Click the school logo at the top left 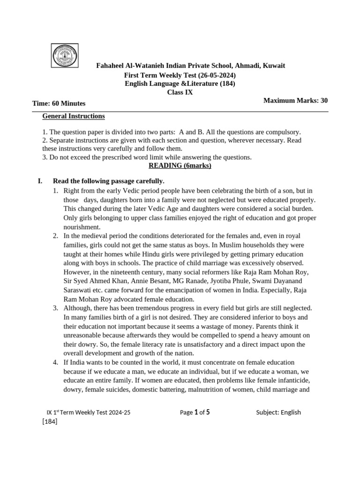click(65, 55)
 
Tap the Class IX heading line click(180, 92)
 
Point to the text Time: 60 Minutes click(59, 103)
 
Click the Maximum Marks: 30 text click(295, 100)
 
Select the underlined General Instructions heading click(74, 116)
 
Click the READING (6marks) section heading click(180, 165)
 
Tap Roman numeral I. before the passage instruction click(40, 181)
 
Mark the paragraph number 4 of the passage click(55, 362)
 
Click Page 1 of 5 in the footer click(195, 412)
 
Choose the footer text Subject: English click(278, 412)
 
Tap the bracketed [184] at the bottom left click(50, 421)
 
